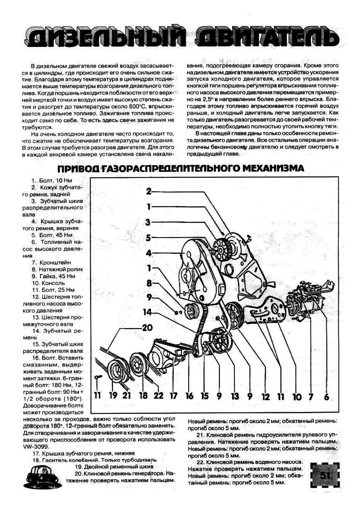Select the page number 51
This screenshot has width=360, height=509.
pyautogui.click(x=325, y=476)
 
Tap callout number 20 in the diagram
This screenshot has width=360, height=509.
pyautogui.click(x=147, y=328)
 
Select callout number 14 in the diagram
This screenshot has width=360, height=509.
pyautogui.click(x=147, y=312)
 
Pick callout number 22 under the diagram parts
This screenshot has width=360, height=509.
pyautogui.click(x=158, y=395)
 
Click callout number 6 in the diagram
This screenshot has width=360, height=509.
pyautogui.click(x=327, y=396)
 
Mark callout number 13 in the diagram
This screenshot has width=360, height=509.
pyautogui.click(x=234, y=396)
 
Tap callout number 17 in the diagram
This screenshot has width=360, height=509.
pyautogui.click(x=174, y=395)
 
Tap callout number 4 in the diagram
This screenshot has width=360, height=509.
pyautogui.click(x=149, y=253)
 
